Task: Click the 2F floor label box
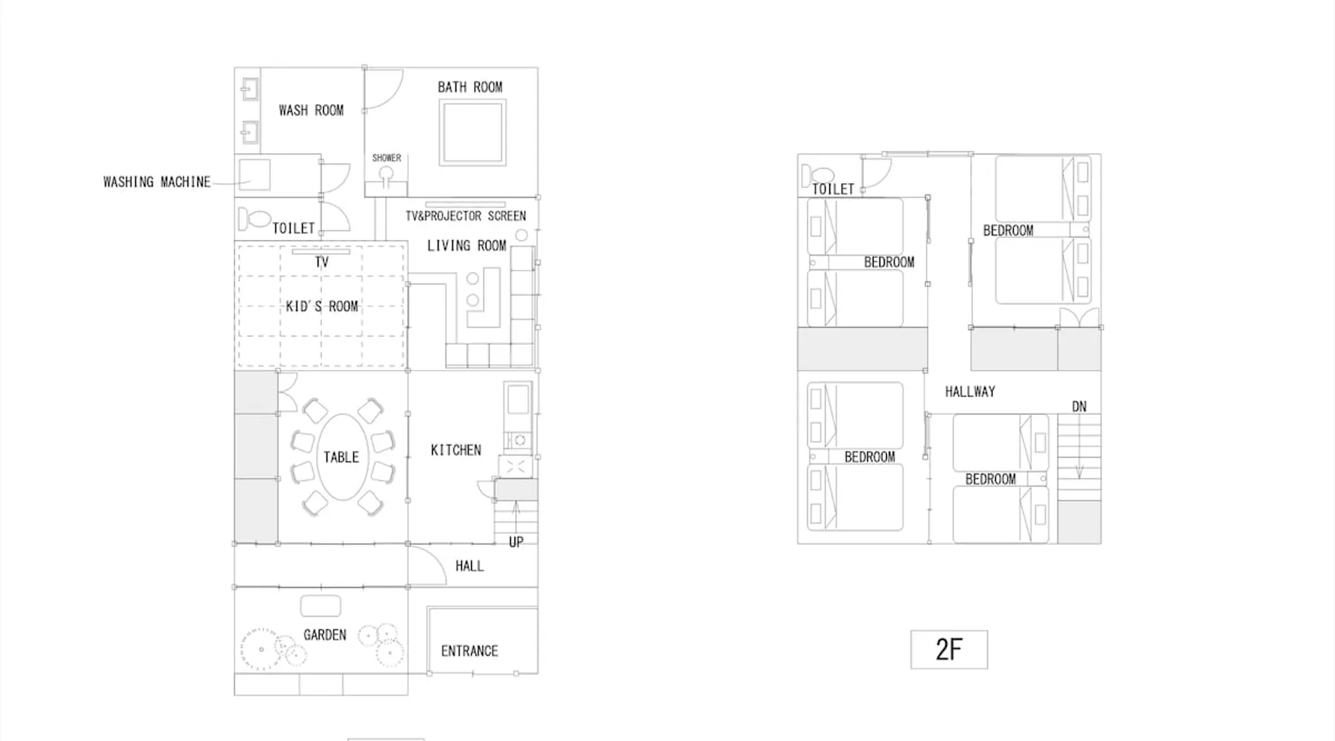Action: click(x=949, y=649)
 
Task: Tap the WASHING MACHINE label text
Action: click(x=157, y=182)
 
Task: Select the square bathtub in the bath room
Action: click(x=472, y=133)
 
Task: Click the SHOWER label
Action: click(x=386, y=158)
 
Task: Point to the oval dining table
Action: click(x=341, y=457)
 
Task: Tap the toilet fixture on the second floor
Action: click(x=817, y=176)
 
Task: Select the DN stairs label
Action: click(x=1079, y=406)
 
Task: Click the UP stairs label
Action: click(x=516, y=542)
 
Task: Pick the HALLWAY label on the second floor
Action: click(x=970, y=391)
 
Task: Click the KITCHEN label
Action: click(x=456, y=450)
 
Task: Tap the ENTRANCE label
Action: click(x=469, y=651)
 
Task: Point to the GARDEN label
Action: click(x=325, y=634)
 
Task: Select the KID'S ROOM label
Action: click(x=322, y=306)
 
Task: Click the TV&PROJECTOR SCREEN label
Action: click(x=466, y=216)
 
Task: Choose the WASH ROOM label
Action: click(x=311, y=110)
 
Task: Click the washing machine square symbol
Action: click(x=254, y=175)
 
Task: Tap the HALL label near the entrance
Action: click(x=469, y=566)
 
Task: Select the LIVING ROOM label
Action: click(x=467, y=245)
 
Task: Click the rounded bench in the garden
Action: click(x=320, y=605)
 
